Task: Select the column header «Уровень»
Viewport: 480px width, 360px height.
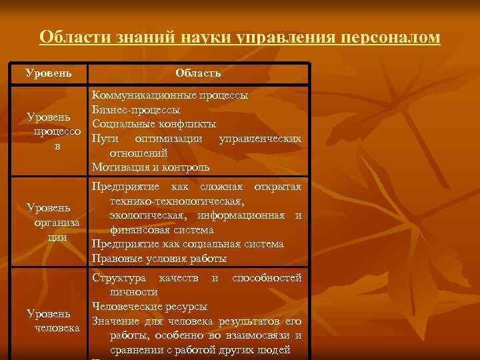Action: tap(48, 71)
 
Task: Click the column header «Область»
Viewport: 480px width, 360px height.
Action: tap(198, 72)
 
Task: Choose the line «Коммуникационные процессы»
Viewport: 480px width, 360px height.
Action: tap(170, 96)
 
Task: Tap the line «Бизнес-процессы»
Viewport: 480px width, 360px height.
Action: tap(136, 110)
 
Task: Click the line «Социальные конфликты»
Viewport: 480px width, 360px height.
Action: tap(154, 124)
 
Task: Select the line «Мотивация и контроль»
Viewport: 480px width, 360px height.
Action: tap(151, 167)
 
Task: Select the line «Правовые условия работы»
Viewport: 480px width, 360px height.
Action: tap(159, 258)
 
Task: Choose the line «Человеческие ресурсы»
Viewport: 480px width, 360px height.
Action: tap(149, 307)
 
